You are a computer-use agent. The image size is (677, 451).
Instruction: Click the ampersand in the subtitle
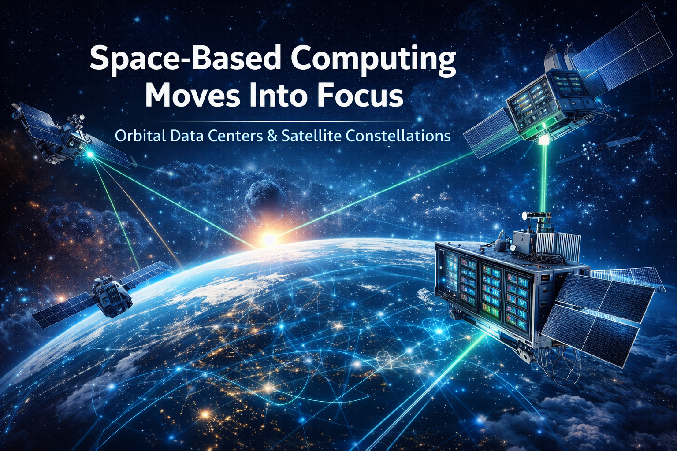[272, 135]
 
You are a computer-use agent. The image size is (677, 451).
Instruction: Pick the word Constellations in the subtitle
[396, 135]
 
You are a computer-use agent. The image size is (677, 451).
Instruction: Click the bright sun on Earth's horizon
[268, 239]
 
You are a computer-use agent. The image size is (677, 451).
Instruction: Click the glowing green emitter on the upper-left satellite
[90, 154]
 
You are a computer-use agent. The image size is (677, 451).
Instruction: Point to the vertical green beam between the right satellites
[545, 181]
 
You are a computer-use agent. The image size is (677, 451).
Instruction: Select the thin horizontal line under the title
[282, 121]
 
